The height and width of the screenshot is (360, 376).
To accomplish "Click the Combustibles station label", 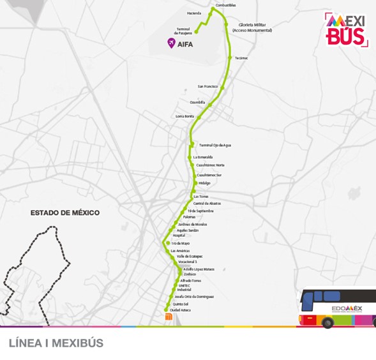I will click(x=225, y=5).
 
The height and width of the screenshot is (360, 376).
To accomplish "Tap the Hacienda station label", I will click(x=194, y=13).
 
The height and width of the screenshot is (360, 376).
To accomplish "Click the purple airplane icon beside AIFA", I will click(x=170, y=43).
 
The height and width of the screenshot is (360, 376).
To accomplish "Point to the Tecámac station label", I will click(x=241, y=58).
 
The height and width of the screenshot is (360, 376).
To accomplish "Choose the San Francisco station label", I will click(x=207, y=86).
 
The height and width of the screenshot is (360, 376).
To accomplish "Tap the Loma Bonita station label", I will click(x=184, y=116).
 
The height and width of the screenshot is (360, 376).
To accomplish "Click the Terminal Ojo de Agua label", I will click(x=214, y=145).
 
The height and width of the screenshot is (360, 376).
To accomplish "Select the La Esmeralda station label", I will click(x=202, y=157).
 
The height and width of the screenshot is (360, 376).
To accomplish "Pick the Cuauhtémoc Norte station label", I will click(x=210, y=165).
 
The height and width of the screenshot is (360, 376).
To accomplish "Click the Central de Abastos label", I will click(x=206, y=204).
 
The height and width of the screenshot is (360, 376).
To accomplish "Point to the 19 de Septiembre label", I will click(x=200, y=211).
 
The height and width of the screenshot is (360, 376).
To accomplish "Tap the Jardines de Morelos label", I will click(x=192, y=225).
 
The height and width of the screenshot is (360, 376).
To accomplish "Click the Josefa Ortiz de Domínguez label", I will click(x=193, y=297).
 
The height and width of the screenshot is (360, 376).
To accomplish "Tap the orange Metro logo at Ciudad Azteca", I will click(x=169, y=316).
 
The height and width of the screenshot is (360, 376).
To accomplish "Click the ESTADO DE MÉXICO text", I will click(x=65, y=213).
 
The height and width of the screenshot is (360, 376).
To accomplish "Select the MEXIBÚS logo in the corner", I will click(x=347, y=29).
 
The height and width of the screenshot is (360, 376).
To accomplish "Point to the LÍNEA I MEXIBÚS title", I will click(x=56, y=343).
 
